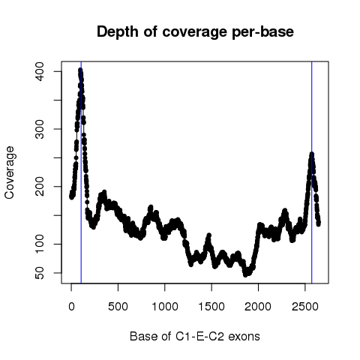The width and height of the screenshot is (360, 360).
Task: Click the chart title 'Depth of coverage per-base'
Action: [195, 32]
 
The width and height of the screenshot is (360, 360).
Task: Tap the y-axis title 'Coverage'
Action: [10, 172]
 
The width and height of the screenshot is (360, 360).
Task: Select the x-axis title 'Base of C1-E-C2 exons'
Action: [195, 336]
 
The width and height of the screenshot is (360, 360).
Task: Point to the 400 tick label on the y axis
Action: [40, 71]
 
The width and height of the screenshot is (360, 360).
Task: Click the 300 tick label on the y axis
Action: [40, 129]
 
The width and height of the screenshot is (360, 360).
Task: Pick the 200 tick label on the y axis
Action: [40, 187]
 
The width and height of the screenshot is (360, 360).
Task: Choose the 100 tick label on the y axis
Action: [40, 244]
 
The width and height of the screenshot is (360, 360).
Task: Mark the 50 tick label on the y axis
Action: [40, 273]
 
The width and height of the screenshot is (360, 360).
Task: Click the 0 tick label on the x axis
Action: [71, 307]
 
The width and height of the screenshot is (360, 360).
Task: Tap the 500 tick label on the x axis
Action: [118, 307]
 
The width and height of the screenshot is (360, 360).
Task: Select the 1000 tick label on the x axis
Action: [165, 307]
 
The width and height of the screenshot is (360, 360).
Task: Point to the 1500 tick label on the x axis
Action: [211, 307]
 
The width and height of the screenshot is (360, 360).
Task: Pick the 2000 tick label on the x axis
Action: [258, 307]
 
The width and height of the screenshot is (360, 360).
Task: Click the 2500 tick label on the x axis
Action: [305, 307]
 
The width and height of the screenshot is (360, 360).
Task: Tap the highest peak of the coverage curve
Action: [80, 70]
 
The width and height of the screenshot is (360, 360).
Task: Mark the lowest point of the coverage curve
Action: [245, 274]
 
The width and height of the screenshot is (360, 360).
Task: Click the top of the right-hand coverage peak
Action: [312, 154]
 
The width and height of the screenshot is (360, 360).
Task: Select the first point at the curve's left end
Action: [71, 197]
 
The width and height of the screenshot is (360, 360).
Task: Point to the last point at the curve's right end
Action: [319, 224]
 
